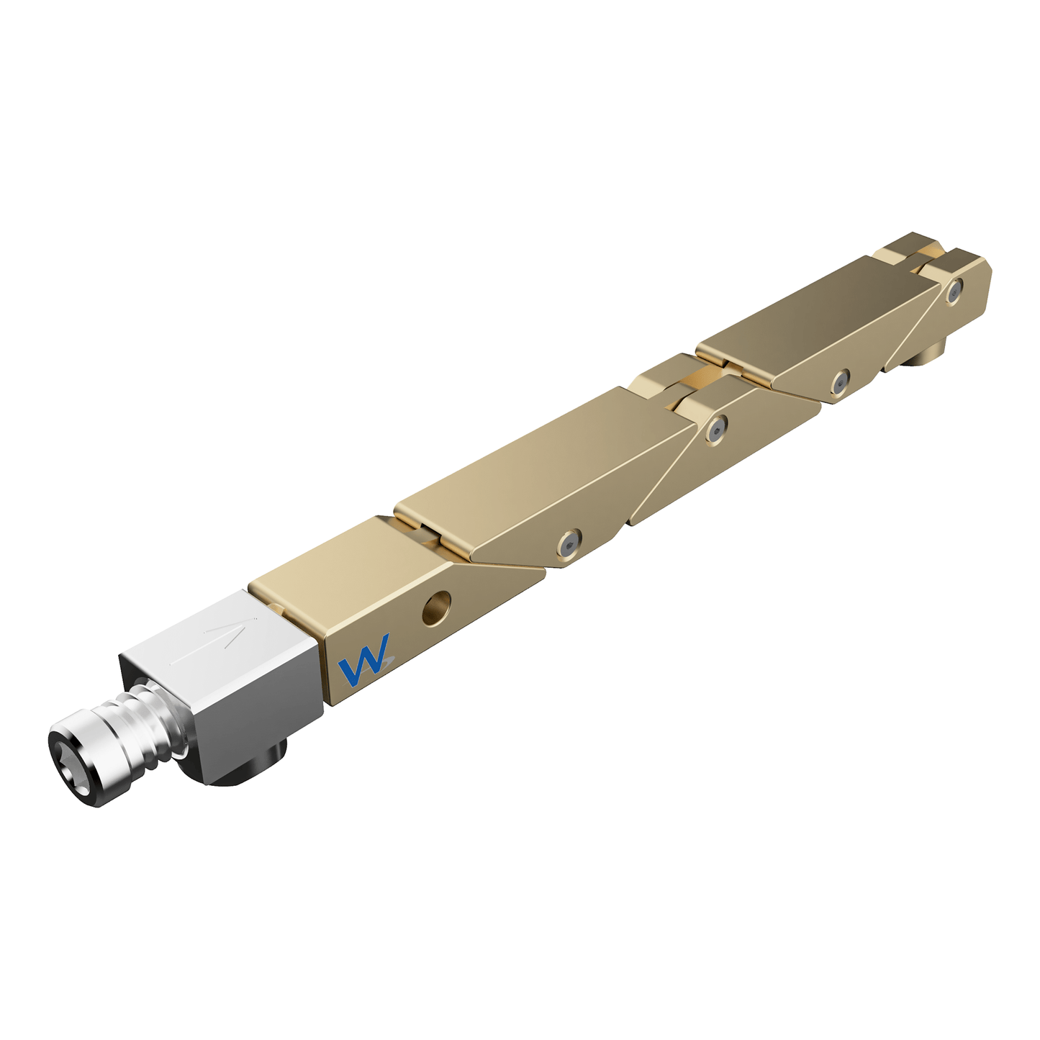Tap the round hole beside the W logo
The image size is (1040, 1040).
coord(437,607)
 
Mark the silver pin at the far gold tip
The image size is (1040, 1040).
coord(955,291)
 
